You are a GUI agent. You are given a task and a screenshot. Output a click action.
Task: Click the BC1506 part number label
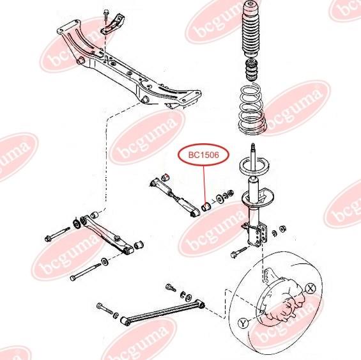(x=204, y=155)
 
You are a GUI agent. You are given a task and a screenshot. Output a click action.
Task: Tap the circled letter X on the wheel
(x=311, y=288)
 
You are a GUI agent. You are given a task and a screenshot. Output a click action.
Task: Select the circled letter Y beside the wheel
(x=243, y=323)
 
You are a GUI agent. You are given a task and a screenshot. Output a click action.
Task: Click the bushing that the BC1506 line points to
(x=205, y=207)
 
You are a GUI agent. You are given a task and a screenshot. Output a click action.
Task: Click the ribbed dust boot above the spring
(x=252, y=29)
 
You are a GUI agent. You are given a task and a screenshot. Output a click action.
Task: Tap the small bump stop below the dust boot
(x=252, y=70)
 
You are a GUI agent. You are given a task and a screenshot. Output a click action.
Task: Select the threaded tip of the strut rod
(x=253, y=146)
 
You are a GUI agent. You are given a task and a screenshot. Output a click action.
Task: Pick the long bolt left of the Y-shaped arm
(x=58, y=235)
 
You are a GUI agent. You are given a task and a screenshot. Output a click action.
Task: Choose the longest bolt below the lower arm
(x=86, y=272)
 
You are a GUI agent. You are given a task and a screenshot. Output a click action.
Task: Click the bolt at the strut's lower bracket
(x=238, y=252)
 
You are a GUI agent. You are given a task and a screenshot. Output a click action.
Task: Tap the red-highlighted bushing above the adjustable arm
(x=165, y=177)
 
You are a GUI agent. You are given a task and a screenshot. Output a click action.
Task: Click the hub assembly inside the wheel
(x=287, y=301)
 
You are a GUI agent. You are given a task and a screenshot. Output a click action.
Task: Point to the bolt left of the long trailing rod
(x=105, y=309)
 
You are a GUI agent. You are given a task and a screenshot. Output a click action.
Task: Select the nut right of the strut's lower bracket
(x=282, y=229)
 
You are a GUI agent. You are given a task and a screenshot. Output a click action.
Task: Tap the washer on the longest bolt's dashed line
(x=105, y=262)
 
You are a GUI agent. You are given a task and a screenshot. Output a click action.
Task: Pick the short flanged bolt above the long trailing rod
(x=171, y=287)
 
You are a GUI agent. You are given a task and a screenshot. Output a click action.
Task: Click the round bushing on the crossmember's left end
(x=81, y=60)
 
